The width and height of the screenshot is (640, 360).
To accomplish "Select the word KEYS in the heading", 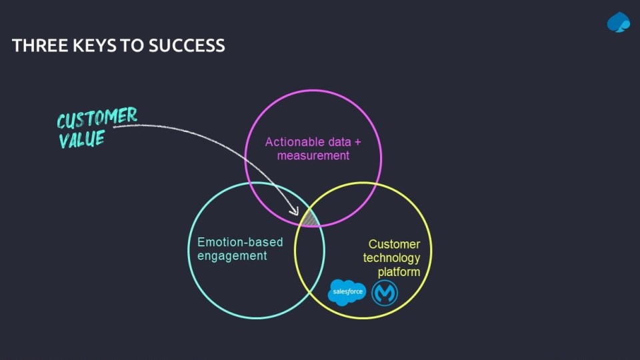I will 87,46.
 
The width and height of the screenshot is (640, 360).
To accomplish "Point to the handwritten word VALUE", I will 81,139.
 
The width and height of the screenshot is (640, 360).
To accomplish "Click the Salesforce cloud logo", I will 347,292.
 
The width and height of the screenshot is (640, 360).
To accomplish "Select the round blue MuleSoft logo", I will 385,292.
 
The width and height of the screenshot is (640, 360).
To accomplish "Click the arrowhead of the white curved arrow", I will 295,211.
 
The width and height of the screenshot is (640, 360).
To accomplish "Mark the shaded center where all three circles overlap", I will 310,219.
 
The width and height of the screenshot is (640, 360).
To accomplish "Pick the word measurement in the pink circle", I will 313,156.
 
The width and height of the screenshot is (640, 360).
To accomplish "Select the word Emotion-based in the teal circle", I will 230,242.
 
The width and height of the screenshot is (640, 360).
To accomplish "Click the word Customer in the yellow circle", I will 394,245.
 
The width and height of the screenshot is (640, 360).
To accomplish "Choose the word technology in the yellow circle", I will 391,259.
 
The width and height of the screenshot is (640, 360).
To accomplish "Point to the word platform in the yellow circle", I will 399,273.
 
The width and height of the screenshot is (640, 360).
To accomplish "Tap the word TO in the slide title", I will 131,46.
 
